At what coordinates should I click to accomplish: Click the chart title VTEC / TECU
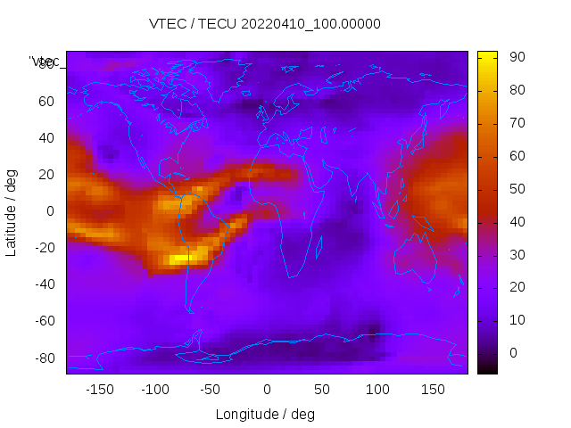pyautogui.click(x=264, y=24)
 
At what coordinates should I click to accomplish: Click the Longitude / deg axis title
pyautogui.click(x=265, y=415)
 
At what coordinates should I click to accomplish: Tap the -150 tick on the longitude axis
pyautogui.click(x=99, y=390)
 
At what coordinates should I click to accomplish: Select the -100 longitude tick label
pyautogui.click(x=154, y=390)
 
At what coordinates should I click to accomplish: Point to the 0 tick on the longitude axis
pyautogui.click(x=266, y=390)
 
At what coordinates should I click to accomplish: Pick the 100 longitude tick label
pyautogui.click(x=377, y=390)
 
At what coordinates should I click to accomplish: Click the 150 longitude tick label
pyautogui.click(x=433, y=390)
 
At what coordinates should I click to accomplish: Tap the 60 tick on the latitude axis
pyautogui.click(x=46, y=102)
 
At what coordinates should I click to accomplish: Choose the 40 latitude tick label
pyautogui.click(x=46, y=138)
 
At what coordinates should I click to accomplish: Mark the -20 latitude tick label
pyautogui.click(x=43, y=248)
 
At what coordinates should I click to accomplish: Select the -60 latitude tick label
pyautogui.click(x=43, y=321)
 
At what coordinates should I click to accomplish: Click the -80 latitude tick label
pyautogui.click(x=43, y=358)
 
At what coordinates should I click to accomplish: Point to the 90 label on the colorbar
pyautogui.click(x=517, y=57)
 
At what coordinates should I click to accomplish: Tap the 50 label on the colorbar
pyautogui.click(x=517, y=189)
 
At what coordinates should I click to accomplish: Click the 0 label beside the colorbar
pyautogui.click(x=513, y=353)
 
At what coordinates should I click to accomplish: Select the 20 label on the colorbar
pyautogui.click(x=517, y=287)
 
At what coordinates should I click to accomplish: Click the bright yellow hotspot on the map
pyautogui.click(x=181, y=259)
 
